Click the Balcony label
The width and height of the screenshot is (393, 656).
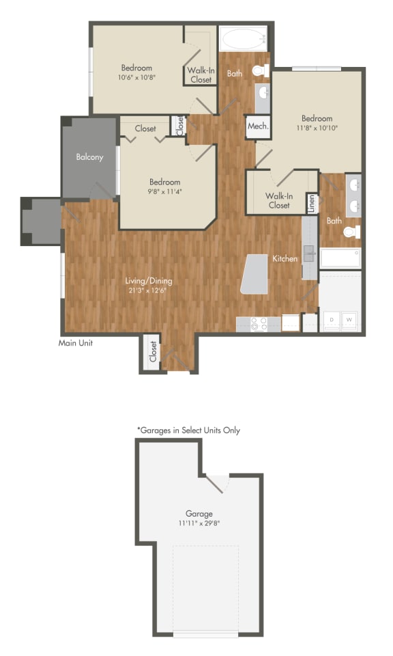click(89, 157)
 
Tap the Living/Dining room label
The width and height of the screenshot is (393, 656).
click(148, 280)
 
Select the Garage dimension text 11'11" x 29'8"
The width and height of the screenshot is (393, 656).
click(199, 523)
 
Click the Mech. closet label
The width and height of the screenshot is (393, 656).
click(257, 126)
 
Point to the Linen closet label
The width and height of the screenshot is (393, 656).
click(311, 204)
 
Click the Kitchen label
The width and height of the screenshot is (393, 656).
click(285, 259)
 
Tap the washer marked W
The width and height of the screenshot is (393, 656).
click(349, 319)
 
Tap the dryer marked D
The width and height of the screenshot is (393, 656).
click(332, 319)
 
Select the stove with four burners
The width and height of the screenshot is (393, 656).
click(259, 323)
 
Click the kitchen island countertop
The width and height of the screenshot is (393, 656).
click(254, 274)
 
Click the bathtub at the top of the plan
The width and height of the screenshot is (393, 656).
click(242, 38)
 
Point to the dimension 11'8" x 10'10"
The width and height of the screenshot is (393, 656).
click(317, 128)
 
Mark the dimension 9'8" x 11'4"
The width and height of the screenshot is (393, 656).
click(165, 191)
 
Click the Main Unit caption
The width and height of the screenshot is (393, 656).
click(76, 343)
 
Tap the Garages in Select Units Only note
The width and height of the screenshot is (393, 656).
click(188, 430)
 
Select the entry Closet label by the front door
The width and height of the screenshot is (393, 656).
click(154, 352)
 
